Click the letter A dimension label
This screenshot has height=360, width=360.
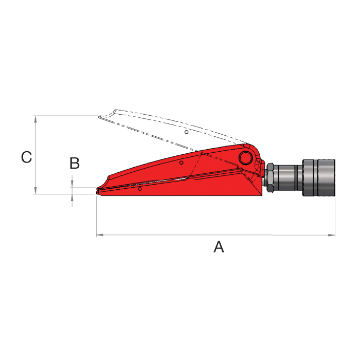point(219,246)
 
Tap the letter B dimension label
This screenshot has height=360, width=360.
point(75,163)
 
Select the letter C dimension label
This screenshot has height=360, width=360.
point(26,157)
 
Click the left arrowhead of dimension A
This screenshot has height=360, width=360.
point(100,235)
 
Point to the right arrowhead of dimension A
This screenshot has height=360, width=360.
point(331,235)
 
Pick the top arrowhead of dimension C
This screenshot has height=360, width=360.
point(35,119)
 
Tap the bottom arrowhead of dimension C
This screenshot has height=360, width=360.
point(35,190)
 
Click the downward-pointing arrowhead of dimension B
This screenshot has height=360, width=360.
point(72,184)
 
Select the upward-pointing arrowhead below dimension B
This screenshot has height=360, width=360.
point(72,197)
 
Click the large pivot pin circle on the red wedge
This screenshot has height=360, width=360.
point(246,158)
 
